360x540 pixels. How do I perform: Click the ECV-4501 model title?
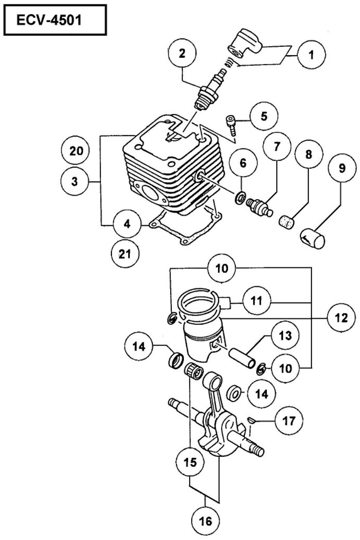coord(49,21)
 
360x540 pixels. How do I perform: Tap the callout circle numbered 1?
coord(311,55)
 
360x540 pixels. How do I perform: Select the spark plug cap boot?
coord(244,44)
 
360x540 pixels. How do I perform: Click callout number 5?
coord(264,116)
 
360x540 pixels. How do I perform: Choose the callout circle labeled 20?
coord(76,151)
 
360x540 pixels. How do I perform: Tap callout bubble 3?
coord(75,181)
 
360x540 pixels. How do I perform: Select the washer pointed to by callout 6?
coord(240,198)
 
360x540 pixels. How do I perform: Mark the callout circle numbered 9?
coord(342,168)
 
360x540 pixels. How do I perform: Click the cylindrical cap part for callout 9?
coord(313,238)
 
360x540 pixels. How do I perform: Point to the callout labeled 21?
coord(125,254)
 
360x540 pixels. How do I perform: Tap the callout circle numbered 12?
coord(341,318)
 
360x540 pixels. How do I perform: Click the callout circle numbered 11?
coord(256,300)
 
